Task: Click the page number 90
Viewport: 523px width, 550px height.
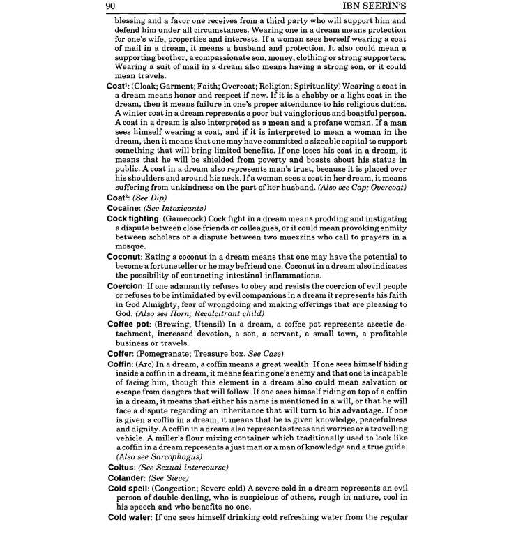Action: (x=109, y=7)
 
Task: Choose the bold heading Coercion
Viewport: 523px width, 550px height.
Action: (x=126, y=286)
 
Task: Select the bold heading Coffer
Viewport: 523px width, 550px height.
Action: (x=121, y=353)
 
